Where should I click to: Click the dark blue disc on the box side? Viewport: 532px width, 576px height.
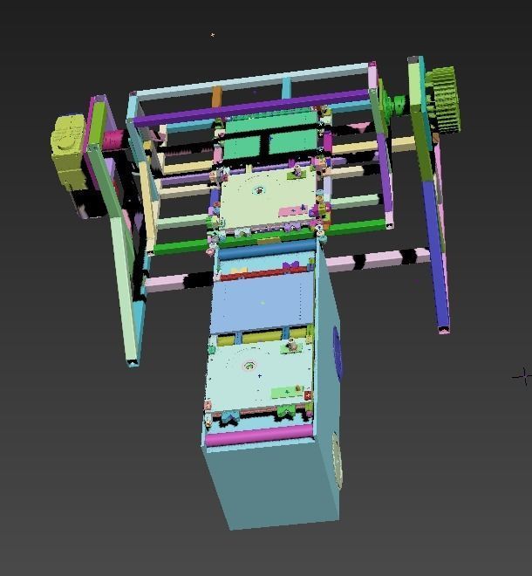pos(338,353)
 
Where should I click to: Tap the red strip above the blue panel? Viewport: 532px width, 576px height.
pos(262,274)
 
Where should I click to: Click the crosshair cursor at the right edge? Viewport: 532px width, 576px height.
pos(523,375)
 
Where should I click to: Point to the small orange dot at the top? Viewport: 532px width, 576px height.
pos(213,35)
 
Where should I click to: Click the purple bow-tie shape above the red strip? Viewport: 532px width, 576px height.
pos(291,265)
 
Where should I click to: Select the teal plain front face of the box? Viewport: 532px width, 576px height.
pos(270,484)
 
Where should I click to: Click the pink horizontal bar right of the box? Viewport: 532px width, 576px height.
pos(375,260)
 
